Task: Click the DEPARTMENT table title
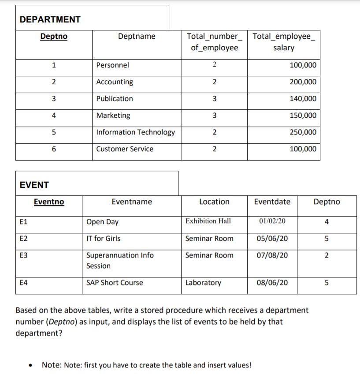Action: click(x=50, y=19)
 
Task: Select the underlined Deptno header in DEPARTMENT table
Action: click(x=54, y=36)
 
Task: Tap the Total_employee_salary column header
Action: click(x=284, y=42)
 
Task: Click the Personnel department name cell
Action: click(x=113, y=65)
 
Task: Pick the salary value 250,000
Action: click(x=303, y=132)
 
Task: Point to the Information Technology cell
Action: click(x=135, y=132)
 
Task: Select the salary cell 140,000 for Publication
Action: click(x=303, y=99)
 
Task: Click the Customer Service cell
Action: click(x=125, y=149)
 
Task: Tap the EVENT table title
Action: click(x=34, y=185)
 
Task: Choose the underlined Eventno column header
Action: click(x=49, y=202)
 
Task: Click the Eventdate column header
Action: click(x=272, y=202)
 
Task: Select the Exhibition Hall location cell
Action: click(x=208, y=221)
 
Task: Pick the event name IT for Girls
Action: click(x=104, y=239)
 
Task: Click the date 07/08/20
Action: click(x=272, y=255)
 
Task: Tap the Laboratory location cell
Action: click(x=203, y=283)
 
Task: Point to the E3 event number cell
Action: click(x=24, y=255)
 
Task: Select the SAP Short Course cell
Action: click(x=115, y=283)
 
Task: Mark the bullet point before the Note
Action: click(x=31, y=366)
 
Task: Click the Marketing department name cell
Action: click(x=113, y=116)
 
